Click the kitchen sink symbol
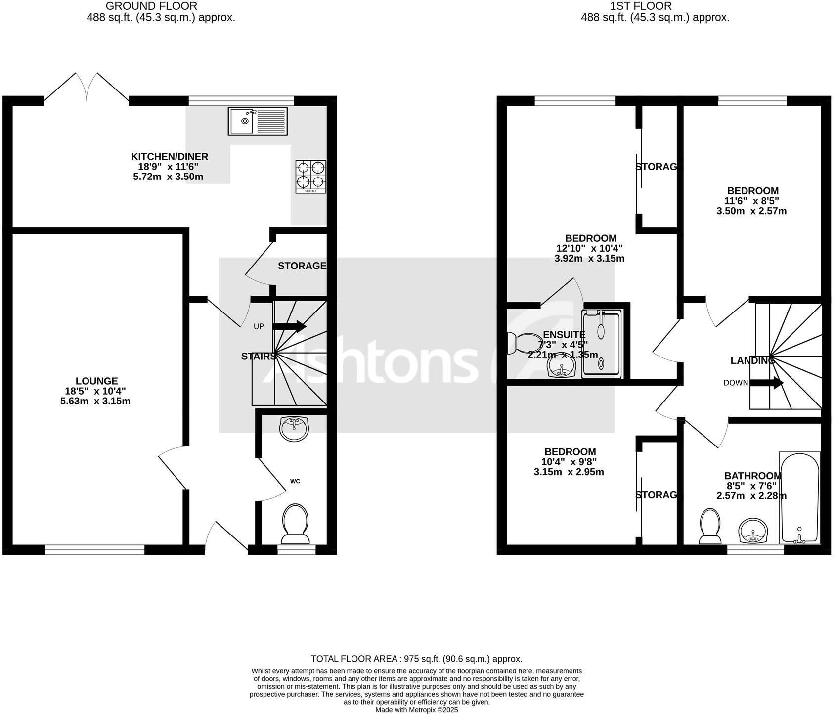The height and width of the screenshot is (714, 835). point(257,121)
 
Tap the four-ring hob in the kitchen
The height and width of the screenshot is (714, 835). point(311,177)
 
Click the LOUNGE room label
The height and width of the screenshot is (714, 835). point(96,381)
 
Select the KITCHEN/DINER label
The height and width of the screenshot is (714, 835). point(169,157)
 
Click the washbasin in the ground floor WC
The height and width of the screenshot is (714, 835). point(294,428)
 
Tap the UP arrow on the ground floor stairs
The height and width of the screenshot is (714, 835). point(289,326)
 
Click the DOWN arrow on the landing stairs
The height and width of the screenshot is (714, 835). point(766,383)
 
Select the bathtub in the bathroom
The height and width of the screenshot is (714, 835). point(799,498)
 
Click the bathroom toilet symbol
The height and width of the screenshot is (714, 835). point(710,527)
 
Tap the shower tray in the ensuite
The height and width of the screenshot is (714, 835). point(601,344)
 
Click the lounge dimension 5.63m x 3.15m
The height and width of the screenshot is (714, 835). point(95,401)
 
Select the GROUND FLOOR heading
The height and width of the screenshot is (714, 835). point(151,6)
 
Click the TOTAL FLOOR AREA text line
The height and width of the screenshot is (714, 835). point(416,659)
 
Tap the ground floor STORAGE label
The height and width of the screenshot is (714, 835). point(302,266)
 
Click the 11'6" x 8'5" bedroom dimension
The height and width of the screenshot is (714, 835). point(751,201)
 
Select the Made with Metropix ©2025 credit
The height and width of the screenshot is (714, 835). point(416,710)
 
